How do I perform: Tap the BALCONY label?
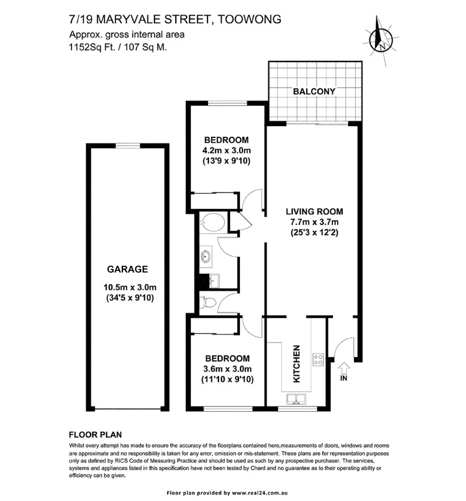click(x=314, y=91)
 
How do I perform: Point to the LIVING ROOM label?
click(x=314, y=212)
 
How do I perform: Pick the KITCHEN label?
click(x=297, y=364)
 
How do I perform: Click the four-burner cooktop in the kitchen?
click(x=318, y=359)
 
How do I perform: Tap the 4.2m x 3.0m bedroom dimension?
click(x=227, y=151)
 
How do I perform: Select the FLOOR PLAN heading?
click(x=95, y=435)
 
